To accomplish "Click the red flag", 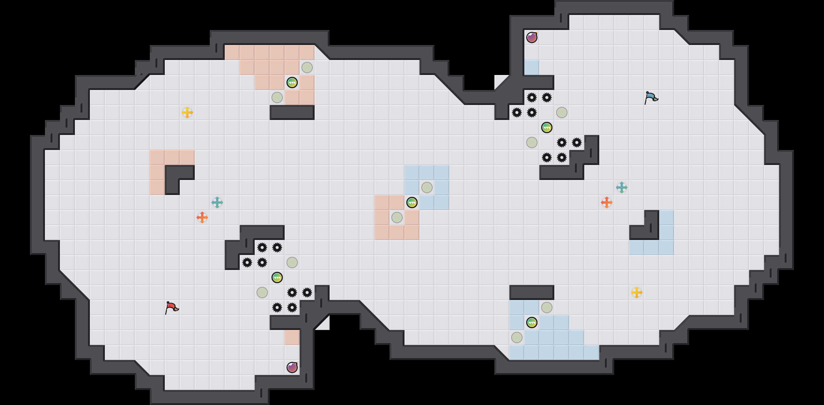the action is click(172, 307).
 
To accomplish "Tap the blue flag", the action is click(651, 97).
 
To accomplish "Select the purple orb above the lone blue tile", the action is click(532, 37).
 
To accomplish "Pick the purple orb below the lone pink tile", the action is click(292, 367).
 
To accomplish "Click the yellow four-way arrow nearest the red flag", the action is click(187, 112).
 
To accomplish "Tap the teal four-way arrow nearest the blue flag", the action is click(622, 187).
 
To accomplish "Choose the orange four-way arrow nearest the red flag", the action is click(202, 217).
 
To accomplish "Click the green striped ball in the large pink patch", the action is click(292, 82).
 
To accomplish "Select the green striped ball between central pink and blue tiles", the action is click(412, 202).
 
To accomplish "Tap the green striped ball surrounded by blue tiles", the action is click(532, 322).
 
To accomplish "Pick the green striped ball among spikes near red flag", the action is click(277, 277).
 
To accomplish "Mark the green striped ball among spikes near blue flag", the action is click(547, 127).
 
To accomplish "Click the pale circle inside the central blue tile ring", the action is click(427, 187).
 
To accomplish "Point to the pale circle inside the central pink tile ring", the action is click(397, 217).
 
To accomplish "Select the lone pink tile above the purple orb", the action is click(292, 337).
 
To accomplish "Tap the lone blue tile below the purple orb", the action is click(532, 67).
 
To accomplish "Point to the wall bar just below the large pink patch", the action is click(292, 112).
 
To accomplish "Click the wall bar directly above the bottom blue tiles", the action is click(532, 292).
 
